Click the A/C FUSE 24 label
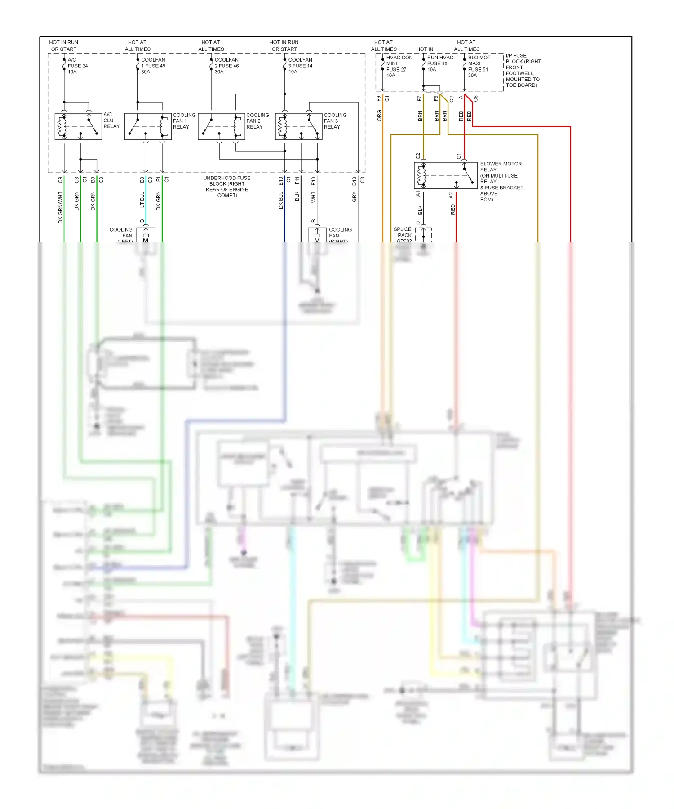(x=77, y=66)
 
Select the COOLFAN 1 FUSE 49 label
(x=153, y=66)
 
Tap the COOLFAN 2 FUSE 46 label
(x=226, y=66)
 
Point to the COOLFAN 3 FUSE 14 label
(x=300, y=66)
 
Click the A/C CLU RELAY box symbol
(x=78, y=126)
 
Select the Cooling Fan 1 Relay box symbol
(x=148, y=126)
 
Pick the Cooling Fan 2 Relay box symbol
(x=222, y=126)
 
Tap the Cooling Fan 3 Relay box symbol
(x=299, y=126)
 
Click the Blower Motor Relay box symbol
(x=445, y=175)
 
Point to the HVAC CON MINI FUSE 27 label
(x=399, y=67)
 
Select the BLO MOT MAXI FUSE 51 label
(x=479, y=67)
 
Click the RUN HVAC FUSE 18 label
(x=439, y=63)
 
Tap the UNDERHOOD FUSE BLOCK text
(x=227, y=186)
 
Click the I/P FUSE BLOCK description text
(x=523, y=70)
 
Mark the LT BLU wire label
(x=142, y=199)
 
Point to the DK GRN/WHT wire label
(x=60, y=207)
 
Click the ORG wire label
(x=379, y=115)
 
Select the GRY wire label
(x=354, y=197)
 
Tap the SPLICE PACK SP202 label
(x=404, y=235)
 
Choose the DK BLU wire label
(x=281, y=200)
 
